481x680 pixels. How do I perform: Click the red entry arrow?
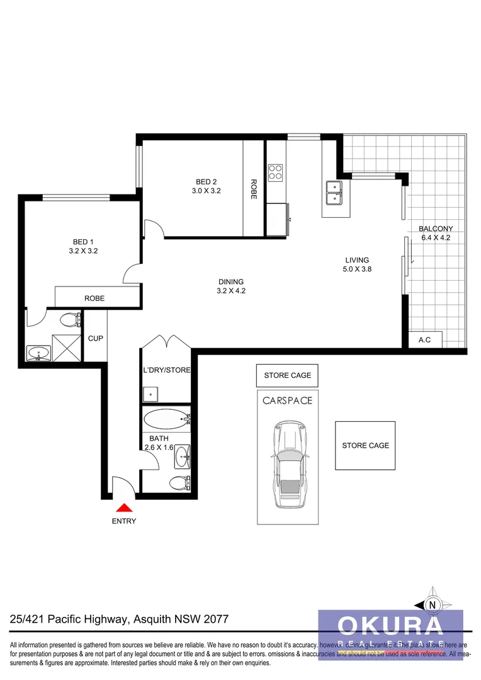tap(124, 507)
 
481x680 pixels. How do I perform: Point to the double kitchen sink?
tap(334, 193)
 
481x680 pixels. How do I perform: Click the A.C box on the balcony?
tap(425, 340)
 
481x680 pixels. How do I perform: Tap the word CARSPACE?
tap(287, 400)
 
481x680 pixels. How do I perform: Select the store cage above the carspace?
tap(287, 375)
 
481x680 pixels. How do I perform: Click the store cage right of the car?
tap(365, 445)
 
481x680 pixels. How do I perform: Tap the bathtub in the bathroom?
tap(166, 418)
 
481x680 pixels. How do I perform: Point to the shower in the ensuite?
tap(67, 346)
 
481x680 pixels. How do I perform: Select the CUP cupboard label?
tap(95, 338)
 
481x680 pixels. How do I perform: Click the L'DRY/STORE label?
tap(166, 370)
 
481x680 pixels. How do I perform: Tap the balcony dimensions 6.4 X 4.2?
tap(436, 237)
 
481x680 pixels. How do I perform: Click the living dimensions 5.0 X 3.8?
tap(357, 269)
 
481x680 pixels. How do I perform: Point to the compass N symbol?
tap(432, 605)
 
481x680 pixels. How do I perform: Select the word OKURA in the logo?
tap(390, 625)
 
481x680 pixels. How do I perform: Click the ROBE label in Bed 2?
tap(254, 189)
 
